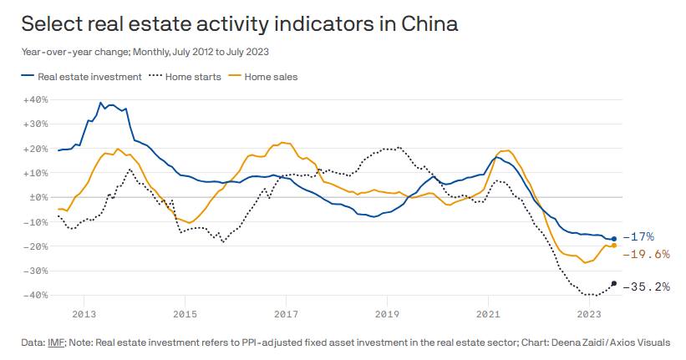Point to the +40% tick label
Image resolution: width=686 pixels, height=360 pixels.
[37, 99]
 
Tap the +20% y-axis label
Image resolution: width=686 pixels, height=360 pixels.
[37, 149]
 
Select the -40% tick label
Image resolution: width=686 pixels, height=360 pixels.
[37, 296]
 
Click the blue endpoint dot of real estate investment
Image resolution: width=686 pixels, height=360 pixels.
[614, 239]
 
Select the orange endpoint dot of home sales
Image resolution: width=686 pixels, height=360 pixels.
[614, 246]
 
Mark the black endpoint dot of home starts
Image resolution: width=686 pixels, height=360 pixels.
[614, 284]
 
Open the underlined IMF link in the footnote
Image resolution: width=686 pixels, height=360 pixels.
[58, 342]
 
